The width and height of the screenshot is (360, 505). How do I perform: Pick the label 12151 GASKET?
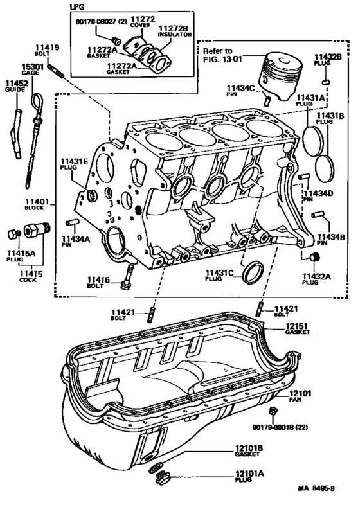pyautogui.click(x=296, y=330)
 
